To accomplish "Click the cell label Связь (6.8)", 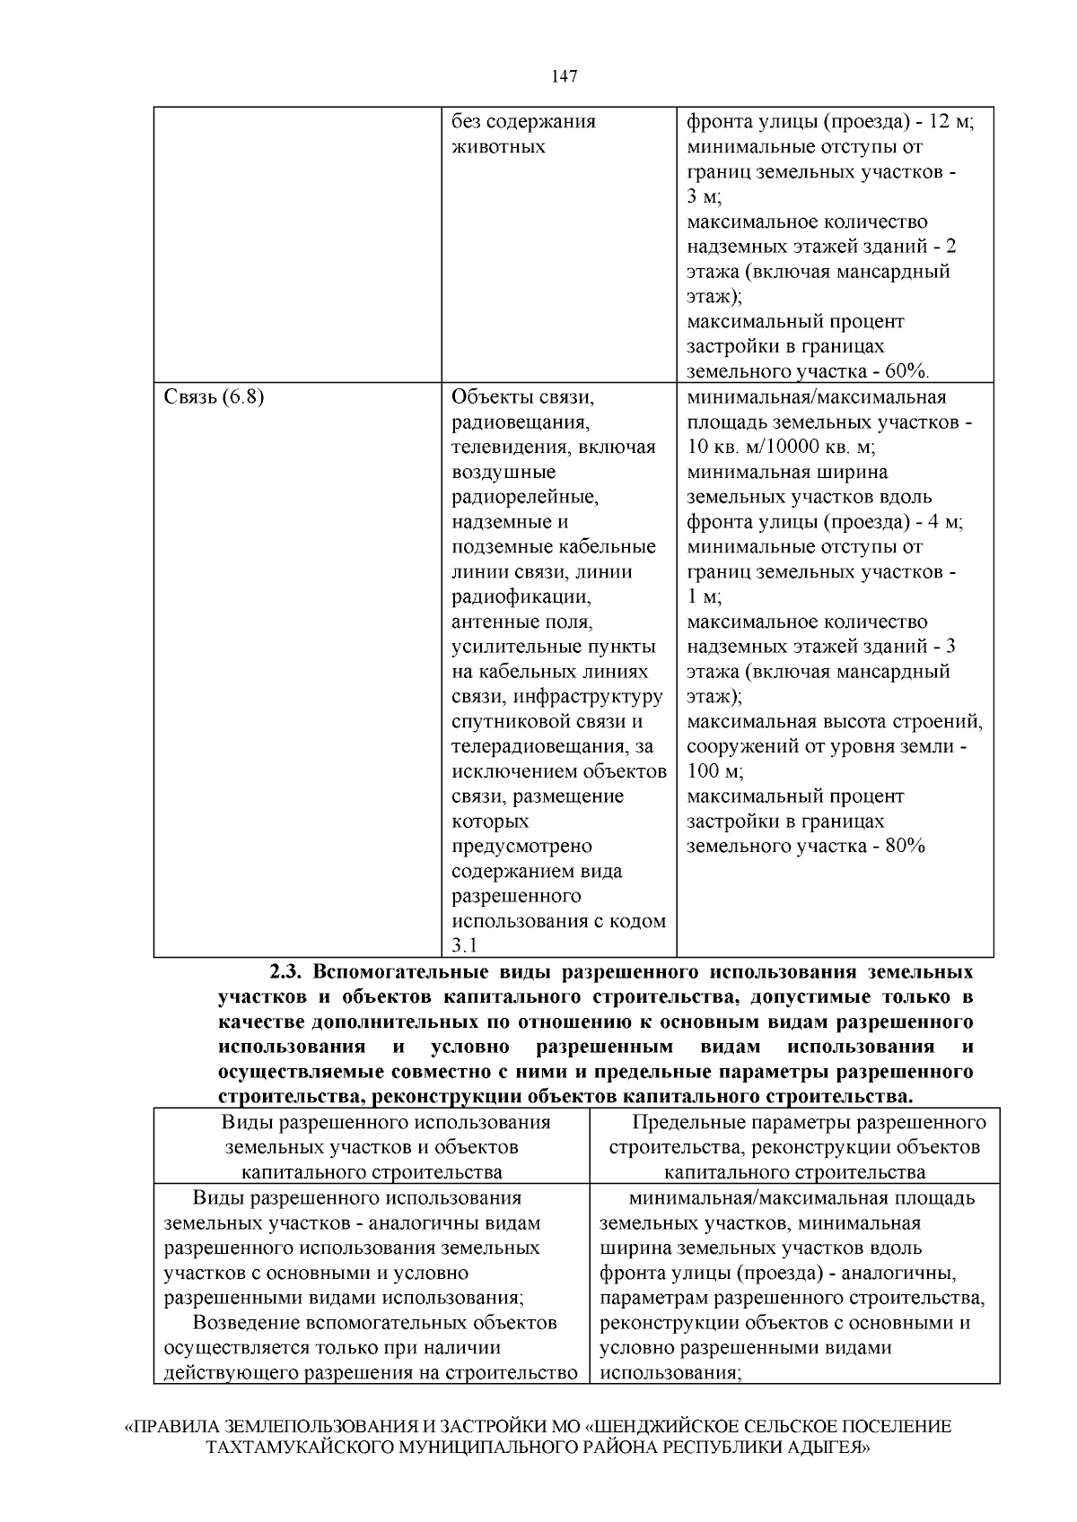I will point(214,396).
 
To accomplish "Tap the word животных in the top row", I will point(497,146).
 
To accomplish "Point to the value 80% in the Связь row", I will point(904,846).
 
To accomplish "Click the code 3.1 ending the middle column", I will point(465,945).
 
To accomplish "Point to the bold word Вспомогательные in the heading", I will point(432,972).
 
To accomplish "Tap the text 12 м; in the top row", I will point(950,121).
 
